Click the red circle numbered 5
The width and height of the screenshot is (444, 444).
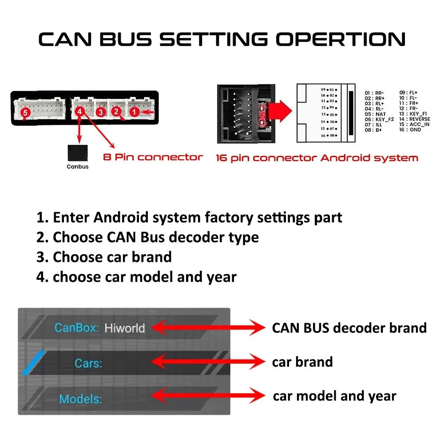click(x=25, y=113)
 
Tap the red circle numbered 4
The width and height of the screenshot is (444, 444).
click(x=80, y=112)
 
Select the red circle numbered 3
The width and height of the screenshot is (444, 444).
click(x=101, y=112)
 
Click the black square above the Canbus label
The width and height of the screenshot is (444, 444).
click(x=77, y=154)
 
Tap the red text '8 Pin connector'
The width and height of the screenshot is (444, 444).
click(x=153, y=157)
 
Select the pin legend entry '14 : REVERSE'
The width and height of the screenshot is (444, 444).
click(x=415, y=119)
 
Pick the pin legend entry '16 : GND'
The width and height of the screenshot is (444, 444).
click(x=410, y=130)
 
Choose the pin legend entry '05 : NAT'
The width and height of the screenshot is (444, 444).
click(x=375, y=114)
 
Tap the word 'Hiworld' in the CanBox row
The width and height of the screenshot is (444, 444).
click(x=124, y=328)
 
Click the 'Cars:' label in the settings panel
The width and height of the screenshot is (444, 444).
click(x=88, y=363)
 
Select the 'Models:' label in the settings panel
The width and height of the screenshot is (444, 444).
click(x=80, y=399)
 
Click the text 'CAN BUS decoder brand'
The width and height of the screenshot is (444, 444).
click(x=349, y=328)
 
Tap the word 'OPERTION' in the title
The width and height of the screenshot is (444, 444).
click(x=341, y=39)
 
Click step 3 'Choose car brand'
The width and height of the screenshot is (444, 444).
click(x=104, y=257)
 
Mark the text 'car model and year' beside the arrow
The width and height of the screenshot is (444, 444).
click(x=334, y=396)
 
